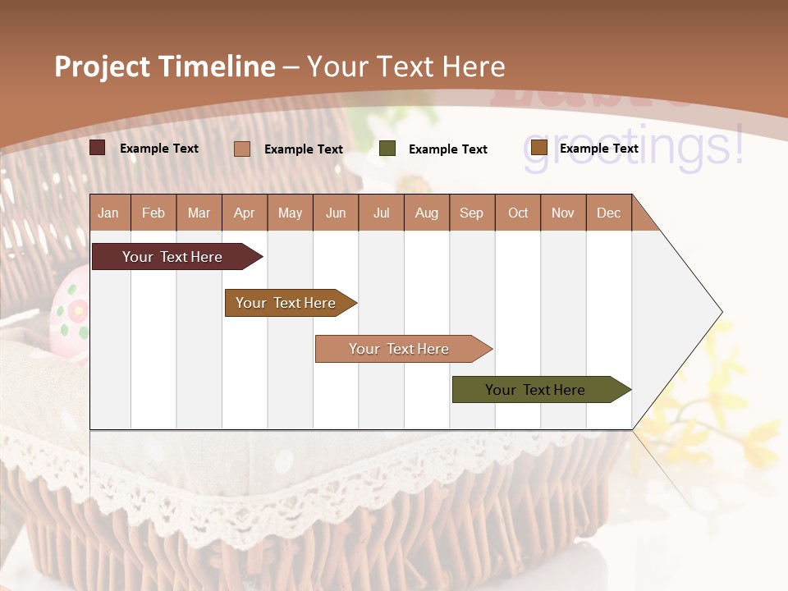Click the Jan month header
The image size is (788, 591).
click(108, 213)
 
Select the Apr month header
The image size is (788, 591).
click(244, 213)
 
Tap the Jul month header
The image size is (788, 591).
click(381, 213)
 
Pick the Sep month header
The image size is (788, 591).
click(471, 213)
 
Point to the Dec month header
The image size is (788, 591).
click(608, 213)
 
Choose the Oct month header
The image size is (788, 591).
click(518, 213)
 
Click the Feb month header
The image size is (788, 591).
click(153, 213)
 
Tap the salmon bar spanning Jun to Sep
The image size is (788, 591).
click(401, 349)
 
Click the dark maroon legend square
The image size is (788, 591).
click(98, 148)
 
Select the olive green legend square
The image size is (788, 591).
click(387, 149)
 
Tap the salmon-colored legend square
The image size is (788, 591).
click(242, 149)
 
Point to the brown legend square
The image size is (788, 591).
click(538, 148)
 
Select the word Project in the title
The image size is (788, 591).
click(103, 66)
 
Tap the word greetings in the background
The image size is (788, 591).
click(632, 148)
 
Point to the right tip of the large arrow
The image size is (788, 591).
click(721, 312)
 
